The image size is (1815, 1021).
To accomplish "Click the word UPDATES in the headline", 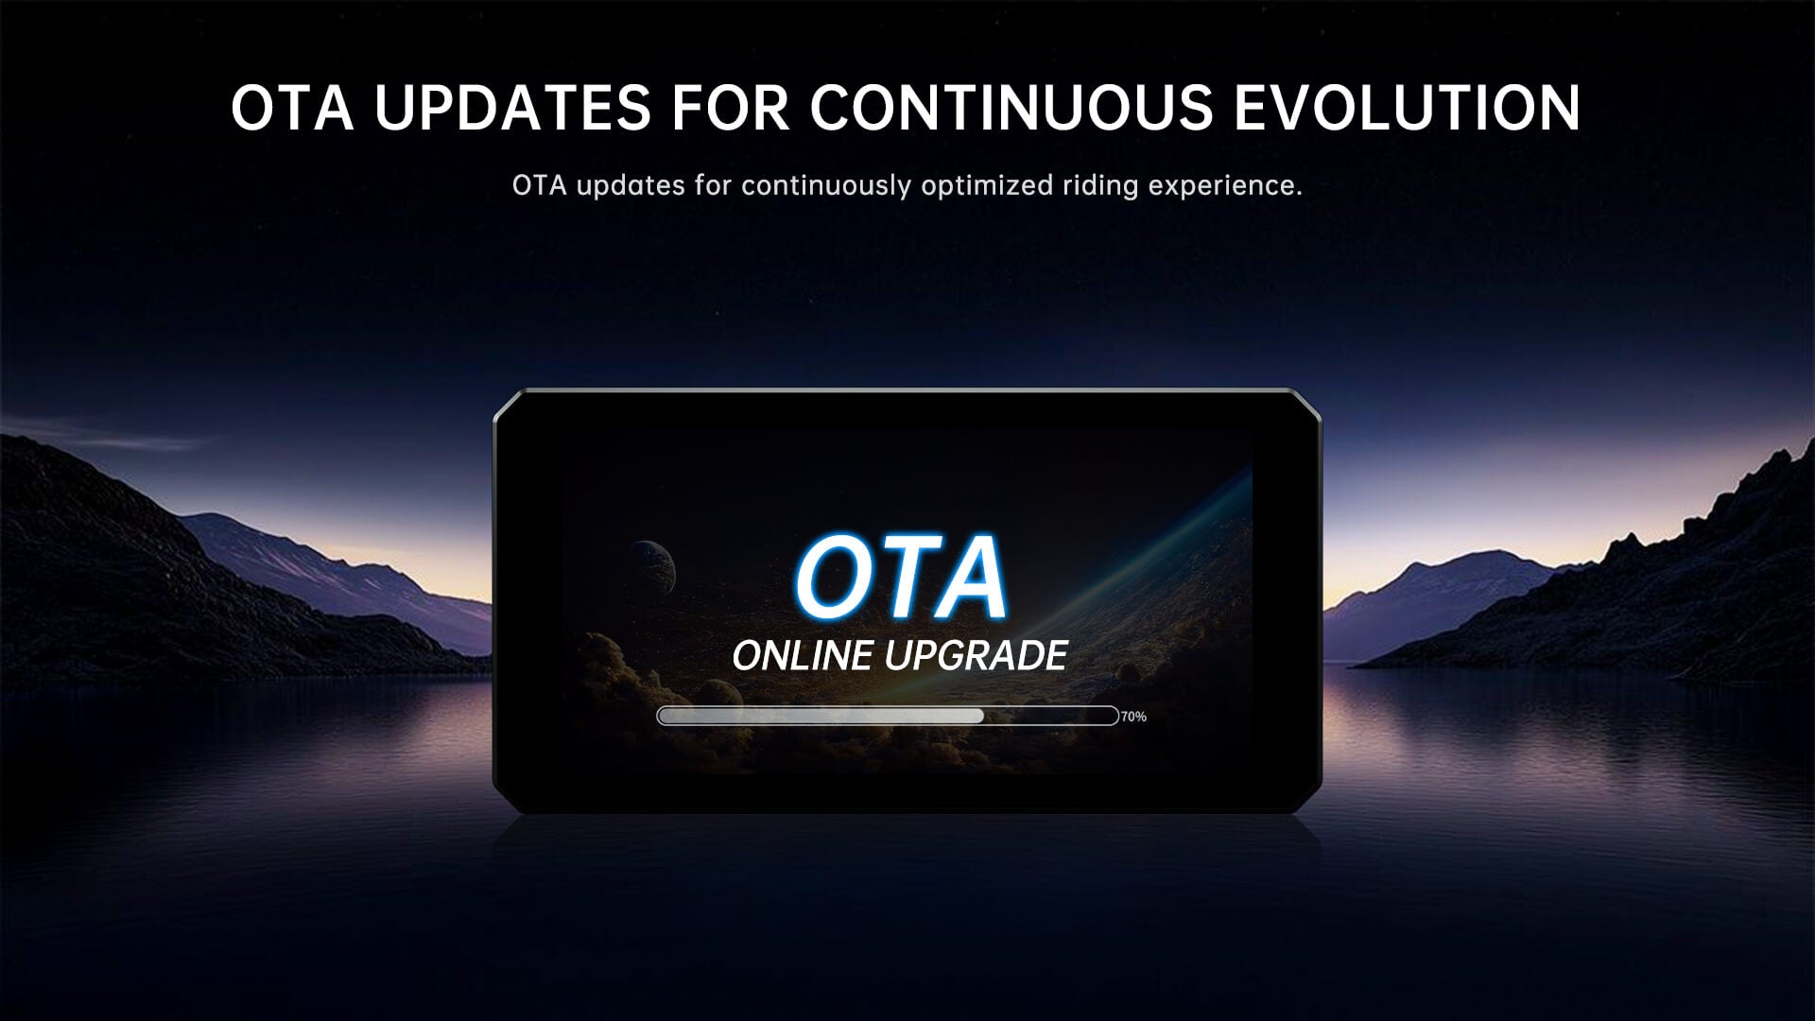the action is coord(511,107).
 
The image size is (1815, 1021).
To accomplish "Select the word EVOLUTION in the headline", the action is coord(1408,107).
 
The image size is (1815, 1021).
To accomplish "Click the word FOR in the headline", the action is coord(730,107).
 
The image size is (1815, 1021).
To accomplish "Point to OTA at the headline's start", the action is coord(292,107).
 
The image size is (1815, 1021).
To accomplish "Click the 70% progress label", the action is coord(1133,717).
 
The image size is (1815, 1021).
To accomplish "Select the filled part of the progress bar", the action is coord(821,716).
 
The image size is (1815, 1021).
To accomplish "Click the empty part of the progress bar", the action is coord(1051,716).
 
